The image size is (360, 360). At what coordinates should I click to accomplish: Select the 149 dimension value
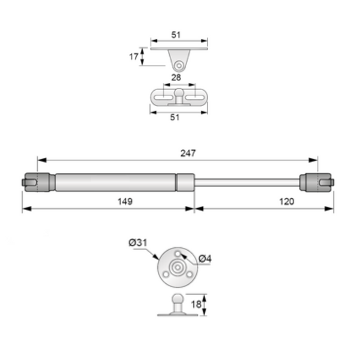pyautogui.click(x=125, y=201)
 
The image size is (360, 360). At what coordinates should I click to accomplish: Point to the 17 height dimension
pyautogui.click(x=135, y=58)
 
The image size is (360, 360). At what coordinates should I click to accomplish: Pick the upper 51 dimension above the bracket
pyautogui.click(x=176, y=35)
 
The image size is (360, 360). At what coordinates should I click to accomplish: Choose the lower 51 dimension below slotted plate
pyautogui.click(x=175, y=118)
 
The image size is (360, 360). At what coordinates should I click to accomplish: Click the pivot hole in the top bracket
pyautogui.click(x=178, y=65)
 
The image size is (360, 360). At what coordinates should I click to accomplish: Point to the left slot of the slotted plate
pyautogui.click(x=163, y=97)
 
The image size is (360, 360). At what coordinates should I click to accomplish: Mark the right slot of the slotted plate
pyautogui.click(x=192, y=97)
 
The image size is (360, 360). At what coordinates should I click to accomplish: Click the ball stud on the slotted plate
pyautogui.click(x=178, y=94)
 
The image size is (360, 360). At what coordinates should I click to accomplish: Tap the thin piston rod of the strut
pyautogui.click(x=246, y=181)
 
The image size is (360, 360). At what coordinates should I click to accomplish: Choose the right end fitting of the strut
pyautogui.click(x=316, y=181)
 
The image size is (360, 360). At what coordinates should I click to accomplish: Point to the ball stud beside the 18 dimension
pyautogui.click(x=178, y=300)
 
